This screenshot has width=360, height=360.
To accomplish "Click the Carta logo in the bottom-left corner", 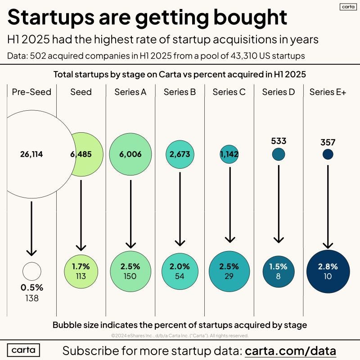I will pyautogui.click(x=23, y=350).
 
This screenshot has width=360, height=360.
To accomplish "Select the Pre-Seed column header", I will pyautogui.click(x=31, y=92).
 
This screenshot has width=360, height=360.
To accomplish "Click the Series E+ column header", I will pyautogui.click(x=328, y=92).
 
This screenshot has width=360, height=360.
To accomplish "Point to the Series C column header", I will pyautogui.click(x=229, y=92).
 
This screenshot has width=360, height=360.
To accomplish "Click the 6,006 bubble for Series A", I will pyautogui.click(x=130, y=154).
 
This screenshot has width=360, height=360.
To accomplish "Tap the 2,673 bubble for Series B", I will pyautogui.click(x=180, y=154).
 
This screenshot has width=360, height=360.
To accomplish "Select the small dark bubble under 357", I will pyautogui.click(x=328, y=154).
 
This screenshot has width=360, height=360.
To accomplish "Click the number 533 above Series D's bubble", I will pyautogui.click(x=279, y=141).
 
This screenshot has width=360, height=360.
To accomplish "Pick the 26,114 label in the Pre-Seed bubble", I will pyautogui.click(x=31, y=154).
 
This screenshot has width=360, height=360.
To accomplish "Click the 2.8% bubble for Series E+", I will pyautogui.click(x=328, y=271).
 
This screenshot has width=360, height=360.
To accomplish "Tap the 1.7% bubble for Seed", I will pyautogui.click(x=81, y=271).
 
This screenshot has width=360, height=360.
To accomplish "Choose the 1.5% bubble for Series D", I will pyautogui.click(x=279, y=271).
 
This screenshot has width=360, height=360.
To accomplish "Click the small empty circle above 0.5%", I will pyautogui.click(x=31, y=271).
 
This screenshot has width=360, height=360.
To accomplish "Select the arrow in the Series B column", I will pyautogui.click(x=180, y=207).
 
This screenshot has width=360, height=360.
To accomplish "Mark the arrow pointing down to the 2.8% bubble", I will pyautogui.click(x=328, y=207).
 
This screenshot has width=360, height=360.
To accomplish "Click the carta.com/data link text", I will pyautogui.click(x=291, y=350).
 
